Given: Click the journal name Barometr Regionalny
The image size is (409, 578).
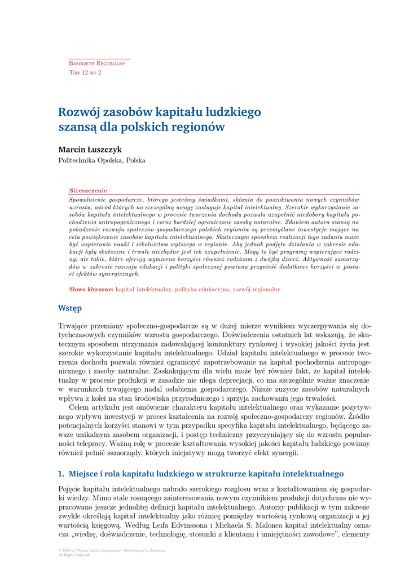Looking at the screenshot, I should [97, 63].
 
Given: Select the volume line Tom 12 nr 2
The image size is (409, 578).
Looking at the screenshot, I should [85, 73].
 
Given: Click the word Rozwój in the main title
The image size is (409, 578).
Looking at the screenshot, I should [78, 112].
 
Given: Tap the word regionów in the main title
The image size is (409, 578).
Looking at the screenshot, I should [199, 127].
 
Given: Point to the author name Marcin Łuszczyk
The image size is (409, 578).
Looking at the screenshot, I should [90, 150].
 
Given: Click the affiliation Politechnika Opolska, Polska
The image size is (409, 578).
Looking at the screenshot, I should [102, 160].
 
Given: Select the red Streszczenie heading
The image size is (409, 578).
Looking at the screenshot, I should [88, 191].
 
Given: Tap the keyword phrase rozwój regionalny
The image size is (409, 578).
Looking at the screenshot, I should [257, 290].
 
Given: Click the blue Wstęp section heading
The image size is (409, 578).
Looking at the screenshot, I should [70, 308].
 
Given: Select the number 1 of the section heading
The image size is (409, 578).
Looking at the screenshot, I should [61, 473].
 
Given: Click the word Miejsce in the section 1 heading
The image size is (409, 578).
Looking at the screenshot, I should [84, 473].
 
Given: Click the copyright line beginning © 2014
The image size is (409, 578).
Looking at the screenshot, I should [112, 550].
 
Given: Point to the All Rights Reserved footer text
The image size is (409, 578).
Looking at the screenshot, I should [74, 555].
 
